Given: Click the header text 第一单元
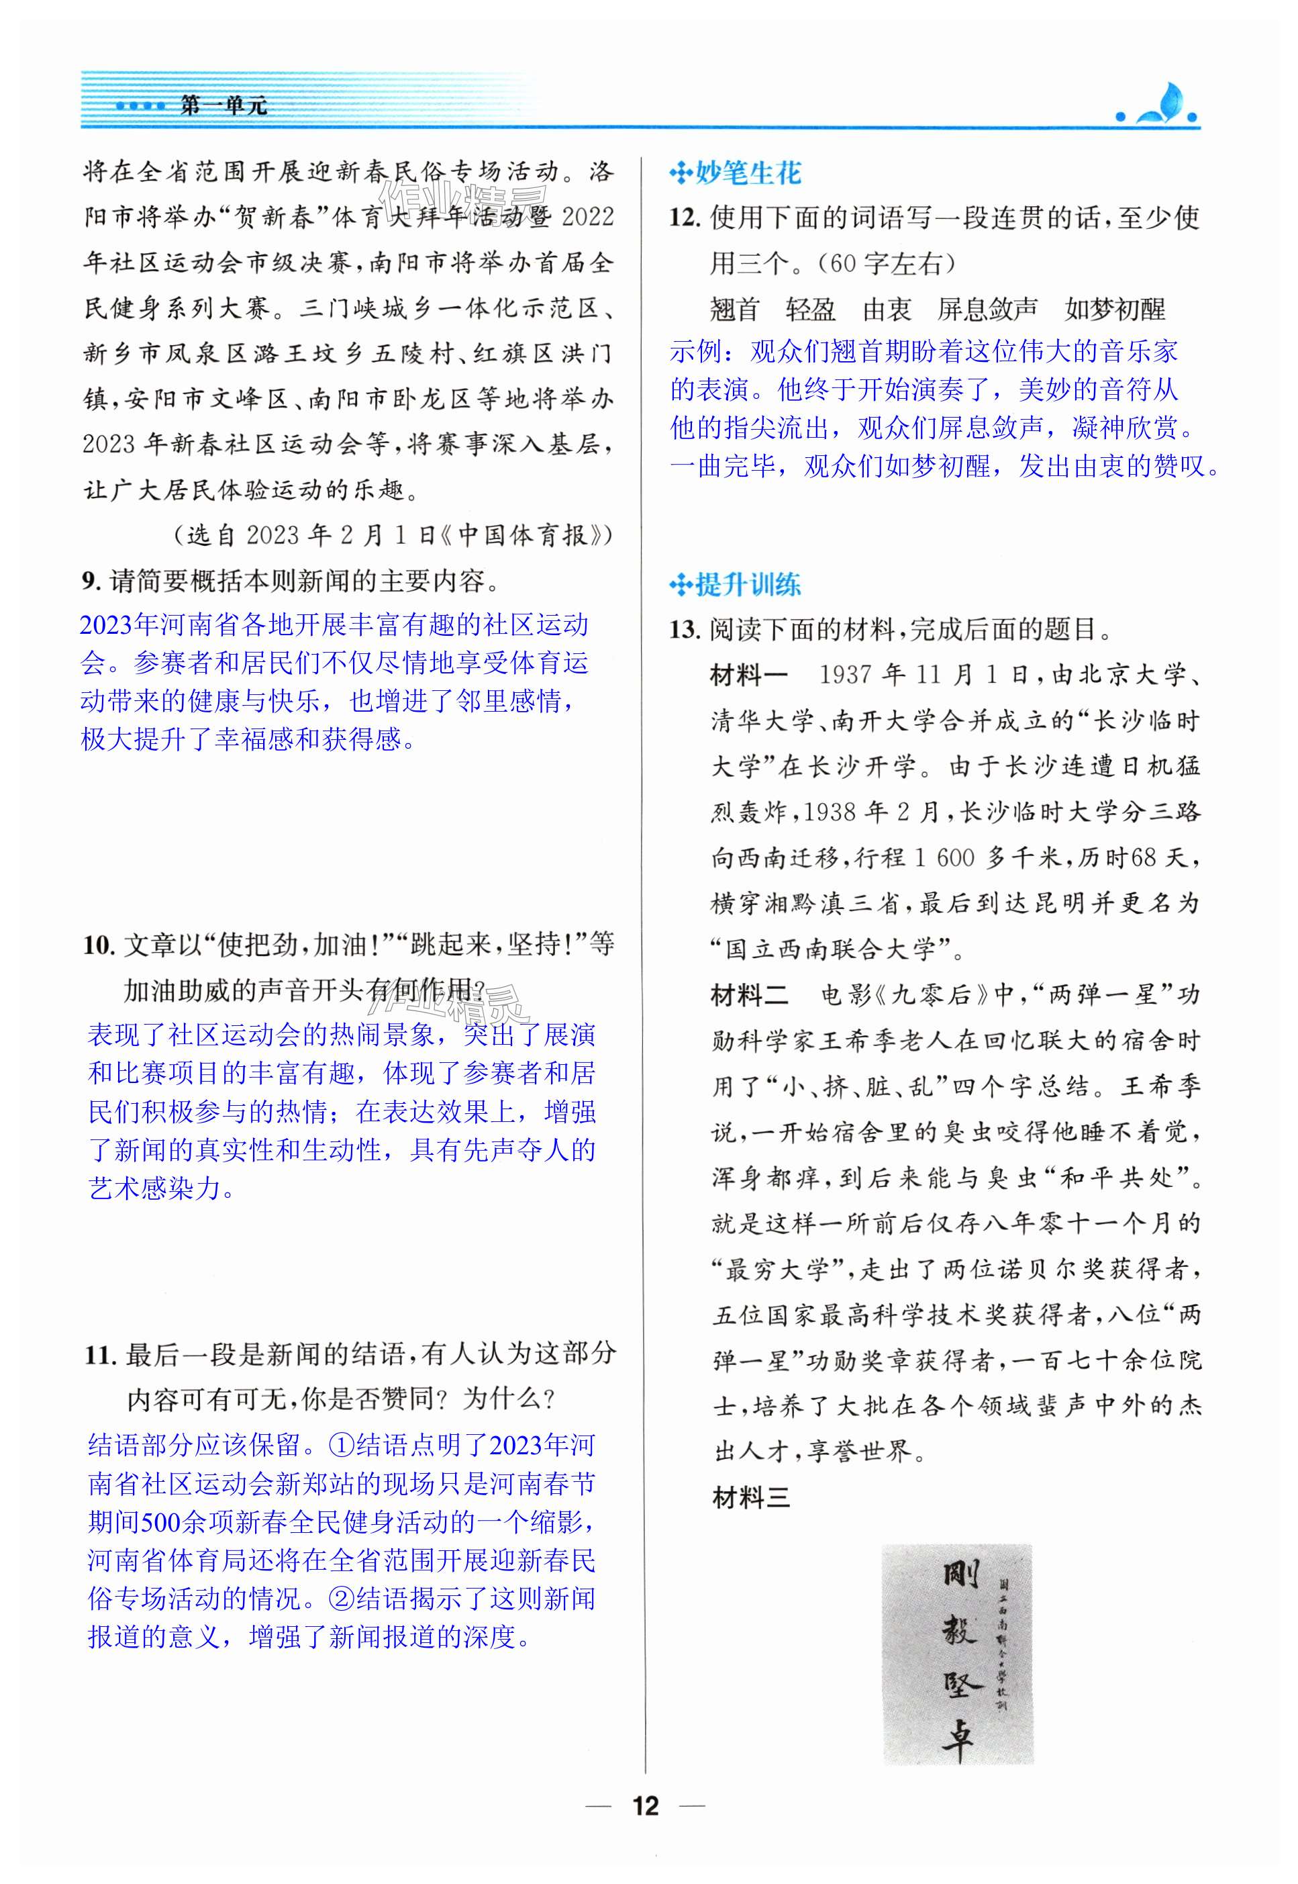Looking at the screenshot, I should point(222,106).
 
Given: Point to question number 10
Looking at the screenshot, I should point(97,945).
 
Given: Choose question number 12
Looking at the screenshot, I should point(684,218).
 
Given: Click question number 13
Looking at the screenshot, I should point(684,630).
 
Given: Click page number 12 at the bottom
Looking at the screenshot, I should point(646,1806).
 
